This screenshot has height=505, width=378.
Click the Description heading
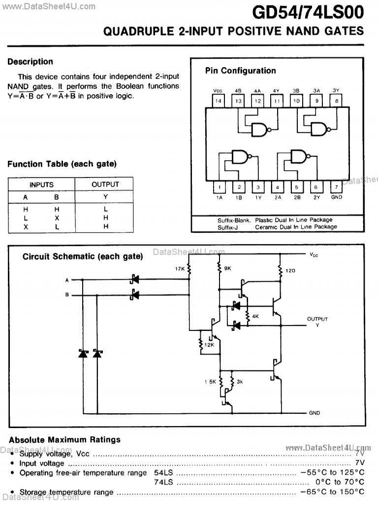pyautogui.click(x=30, y=62)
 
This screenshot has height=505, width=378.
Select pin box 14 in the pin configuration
pyautogui.click(x=219, y=101)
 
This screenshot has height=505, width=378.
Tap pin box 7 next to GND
pyautogui.click(x=336, y=187)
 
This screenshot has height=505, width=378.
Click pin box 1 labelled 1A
pyautogui.click(x=219, y=187)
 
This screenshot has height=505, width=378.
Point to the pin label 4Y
pyautogui.click(x=276, y=91)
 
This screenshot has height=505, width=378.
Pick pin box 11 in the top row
pyautogui.click(x=277, y=101)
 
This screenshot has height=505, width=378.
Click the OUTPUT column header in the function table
pyautogui.click(x=105, y=184)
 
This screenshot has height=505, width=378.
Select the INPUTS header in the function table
pyautogui.click(x=41, y=185)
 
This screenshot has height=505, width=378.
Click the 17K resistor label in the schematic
pyautogui.click(x=179, y=269)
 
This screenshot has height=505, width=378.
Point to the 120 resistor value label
pyautogui.click(x=290, y=271)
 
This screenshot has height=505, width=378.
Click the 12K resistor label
pyautogui.click(x=209, y=344)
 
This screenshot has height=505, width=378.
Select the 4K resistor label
pyautogui.click(x=255, y=316)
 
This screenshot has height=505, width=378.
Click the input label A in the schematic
pyautogui.click(x=67, y=280)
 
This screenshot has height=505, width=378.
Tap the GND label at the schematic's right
pyautogui.click(x=315, y=413)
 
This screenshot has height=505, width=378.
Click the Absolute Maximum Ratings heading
pyautogui.click(x=64, y=439)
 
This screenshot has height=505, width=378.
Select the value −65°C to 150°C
pyautogui.click(x=332, y=492)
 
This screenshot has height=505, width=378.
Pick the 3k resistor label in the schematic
pyautogui.click(x=240, y=381)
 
